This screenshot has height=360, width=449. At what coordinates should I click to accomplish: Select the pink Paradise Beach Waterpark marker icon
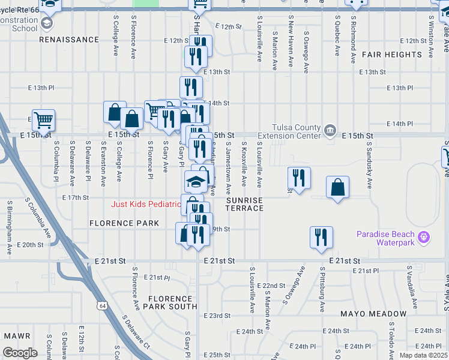(424, 237)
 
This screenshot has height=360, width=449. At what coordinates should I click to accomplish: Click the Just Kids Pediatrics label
(146, 205)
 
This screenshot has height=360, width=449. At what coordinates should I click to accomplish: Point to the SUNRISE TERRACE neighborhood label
(244, 204)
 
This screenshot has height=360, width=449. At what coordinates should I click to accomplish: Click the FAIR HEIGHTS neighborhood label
(392, 55)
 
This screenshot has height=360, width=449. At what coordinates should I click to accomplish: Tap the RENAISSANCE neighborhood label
(69, 40)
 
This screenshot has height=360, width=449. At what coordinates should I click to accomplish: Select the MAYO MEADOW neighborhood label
(373, 314)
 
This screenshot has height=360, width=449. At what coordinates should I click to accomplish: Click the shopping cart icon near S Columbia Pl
(43, 119)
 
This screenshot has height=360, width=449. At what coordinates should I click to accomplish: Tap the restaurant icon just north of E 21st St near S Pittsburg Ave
(321, 236)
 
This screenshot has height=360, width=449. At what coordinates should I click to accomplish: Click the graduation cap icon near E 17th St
(195, 181)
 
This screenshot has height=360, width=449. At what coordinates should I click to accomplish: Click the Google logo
(20, 353)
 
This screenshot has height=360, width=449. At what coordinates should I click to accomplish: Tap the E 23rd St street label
(217, 316)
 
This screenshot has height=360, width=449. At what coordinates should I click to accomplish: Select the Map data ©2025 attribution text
(423, 355)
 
